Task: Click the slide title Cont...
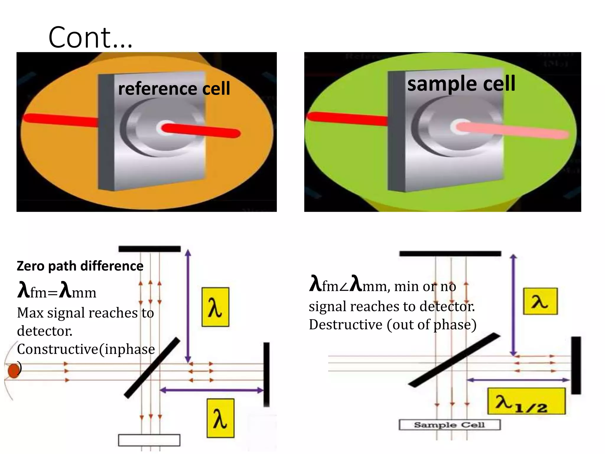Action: [x=90, y=38]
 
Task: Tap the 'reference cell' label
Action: [x=174, y=89]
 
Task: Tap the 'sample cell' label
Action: [x=461, y=84]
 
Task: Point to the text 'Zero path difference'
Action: [x=80, y=266]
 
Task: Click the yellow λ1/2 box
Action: [x=526, y=401]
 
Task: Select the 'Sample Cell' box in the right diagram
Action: [x=449, y=425]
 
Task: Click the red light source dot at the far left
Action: [x=13, y=371]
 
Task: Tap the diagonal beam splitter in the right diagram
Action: [x=454, y=360]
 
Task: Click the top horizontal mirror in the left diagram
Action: [x=149, y=249]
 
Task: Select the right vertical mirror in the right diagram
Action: [x=575, y=365]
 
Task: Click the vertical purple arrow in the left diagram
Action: [x=188, y=306]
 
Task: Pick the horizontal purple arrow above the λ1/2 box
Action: [x=518, y=380]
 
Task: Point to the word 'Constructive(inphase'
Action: [x=86, y=349]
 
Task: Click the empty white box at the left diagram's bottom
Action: [x=149, y=440]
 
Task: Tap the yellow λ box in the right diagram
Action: [x=540, y=301]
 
